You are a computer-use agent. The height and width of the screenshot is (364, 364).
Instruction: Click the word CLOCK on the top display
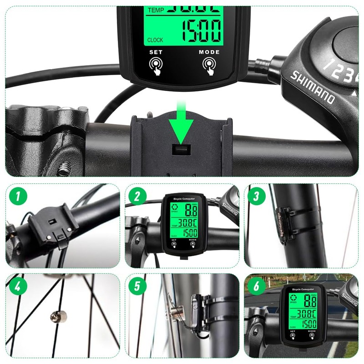[155, 40]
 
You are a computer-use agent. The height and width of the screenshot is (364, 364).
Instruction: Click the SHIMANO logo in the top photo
[312, 86]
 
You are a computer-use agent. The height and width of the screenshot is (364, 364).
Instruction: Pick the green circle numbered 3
[257, 196]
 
